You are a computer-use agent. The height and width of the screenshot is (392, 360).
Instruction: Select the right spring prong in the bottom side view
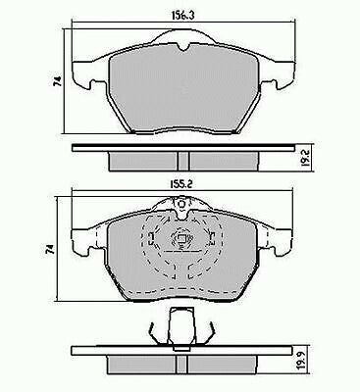(x=207, y=335)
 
